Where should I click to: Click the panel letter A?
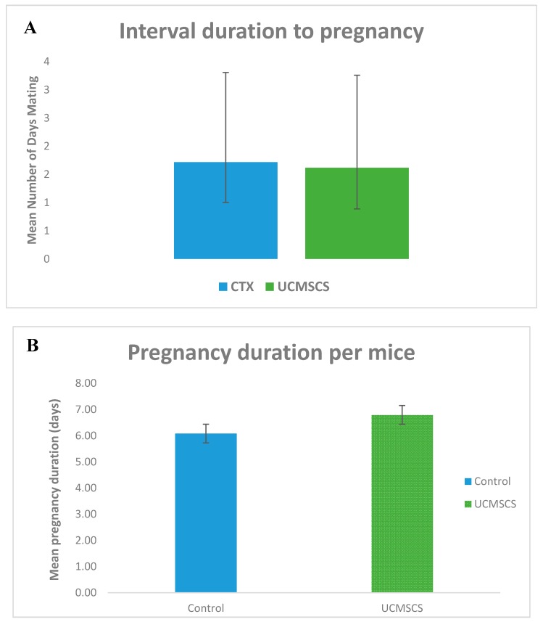(30, 28)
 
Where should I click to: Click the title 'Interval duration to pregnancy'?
(271, 33)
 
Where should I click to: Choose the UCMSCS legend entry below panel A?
(299, 286)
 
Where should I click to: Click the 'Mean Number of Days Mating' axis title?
(32, 161)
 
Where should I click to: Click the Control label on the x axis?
(206, 608)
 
